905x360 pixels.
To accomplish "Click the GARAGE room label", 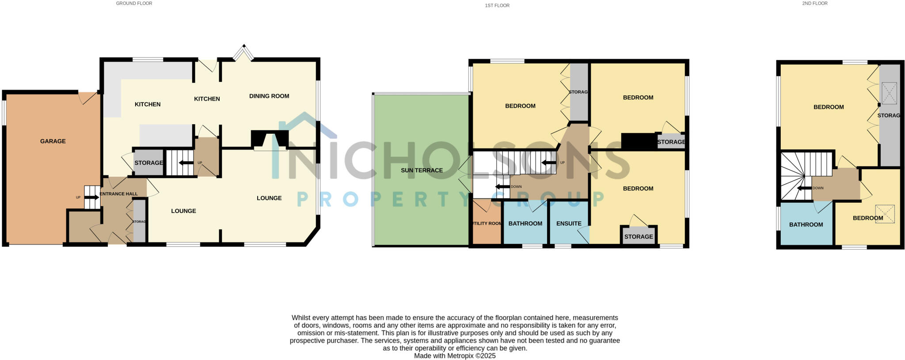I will click(53, 141).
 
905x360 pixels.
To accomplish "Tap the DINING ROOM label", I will click(269, 96).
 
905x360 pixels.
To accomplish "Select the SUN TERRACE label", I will click(422, 171).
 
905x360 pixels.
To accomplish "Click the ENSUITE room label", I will click(569, 224).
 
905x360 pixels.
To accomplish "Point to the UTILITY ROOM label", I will click(487, 224).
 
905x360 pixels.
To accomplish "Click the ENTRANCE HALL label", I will click(119, 194).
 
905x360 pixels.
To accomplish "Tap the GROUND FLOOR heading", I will click(134, 4).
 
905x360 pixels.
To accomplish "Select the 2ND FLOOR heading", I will click(815, 4).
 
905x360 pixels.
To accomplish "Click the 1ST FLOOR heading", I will click(497, 6).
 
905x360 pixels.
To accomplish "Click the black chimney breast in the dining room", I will click(270, 139).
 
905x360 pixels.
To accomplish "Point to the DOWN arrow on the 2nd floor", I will click(804, 188).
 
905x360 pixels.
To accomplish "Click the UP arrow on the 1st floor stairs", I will click(549, 163).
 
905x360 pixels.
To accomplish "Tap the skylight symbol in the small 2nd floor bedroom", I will click(885, 214).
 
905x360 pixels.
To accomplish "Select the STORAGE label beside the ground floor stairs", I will click(149, 163).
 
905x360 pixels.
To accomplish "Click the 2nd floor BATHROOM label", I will click(806, 225).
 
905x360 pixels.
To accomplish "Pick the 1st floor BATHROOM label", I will click(525, 224).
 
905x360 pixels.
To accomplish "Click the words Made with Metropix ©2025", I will click(455, 356).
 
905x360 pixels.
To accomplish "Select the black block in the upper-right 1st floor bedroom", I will click(639, 141).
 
